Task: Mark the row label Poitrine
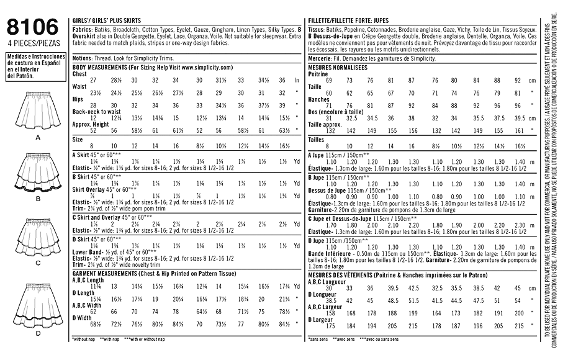pyautogui.click(x=318, y=73)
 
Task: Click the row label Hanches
pyautogui.click(x=318, y=99)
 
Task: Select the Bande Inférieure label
pyautogui.click(x=330, y=253)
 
